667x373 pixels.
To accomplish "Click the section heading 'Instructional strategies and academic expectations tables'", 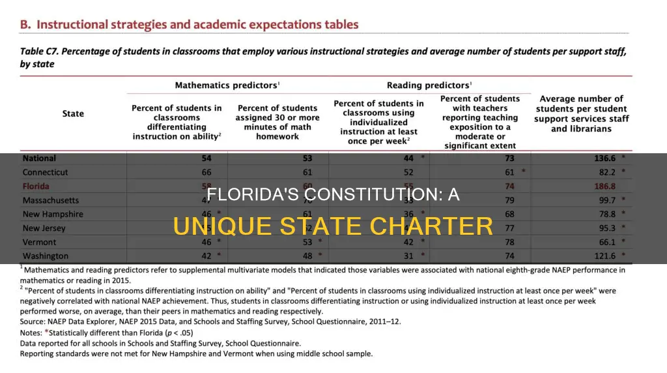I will point(197,25).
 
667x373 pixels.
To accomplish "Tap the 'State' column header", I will point(73,113).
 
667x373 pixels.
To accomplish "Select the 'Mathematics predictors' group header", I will point(226,85).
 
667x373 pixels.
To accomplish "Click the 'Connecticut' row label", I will point(45,172).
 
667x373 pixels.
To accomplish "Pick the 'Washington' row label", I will point(45,256).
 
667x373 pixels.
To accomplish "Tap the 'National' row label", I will point(40,158).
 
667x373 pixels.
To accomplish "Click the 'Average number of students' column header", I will point(581,113).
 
